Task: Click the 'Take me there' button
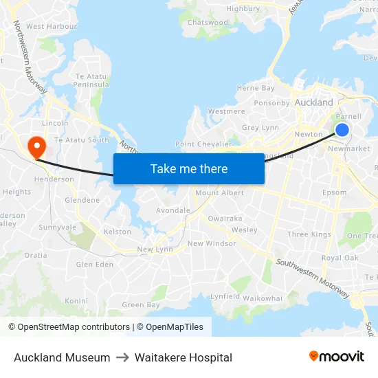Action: pos(188,168)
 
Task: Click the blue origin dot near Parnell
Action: pos(342,130)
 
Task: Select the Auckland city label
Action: pos(313,102)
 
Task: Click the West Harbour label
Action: pos(52,26)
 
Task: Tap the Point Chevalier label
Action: pos(203,144)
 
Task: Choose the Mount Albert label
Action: pos(219,193)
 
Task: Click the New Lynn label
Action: pos(155,249)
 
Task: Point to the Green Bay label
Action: pos(140,305)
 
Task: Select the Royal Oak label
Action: pos(340,258)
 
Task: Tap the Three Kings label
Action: pos(309,234)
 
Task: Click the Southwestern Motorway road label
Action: pos(312,278)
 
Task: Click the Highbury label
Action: pos(243,9)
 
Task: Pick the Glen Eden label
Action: pos(95,265)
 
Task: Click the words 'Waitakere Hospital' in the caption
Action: pos(184,357)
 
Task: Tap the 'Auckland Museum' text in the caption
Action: pos(62,357)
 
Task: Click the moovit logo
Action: pos(336,356)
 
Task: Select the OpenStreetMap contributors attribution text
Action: pos(69,327)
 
